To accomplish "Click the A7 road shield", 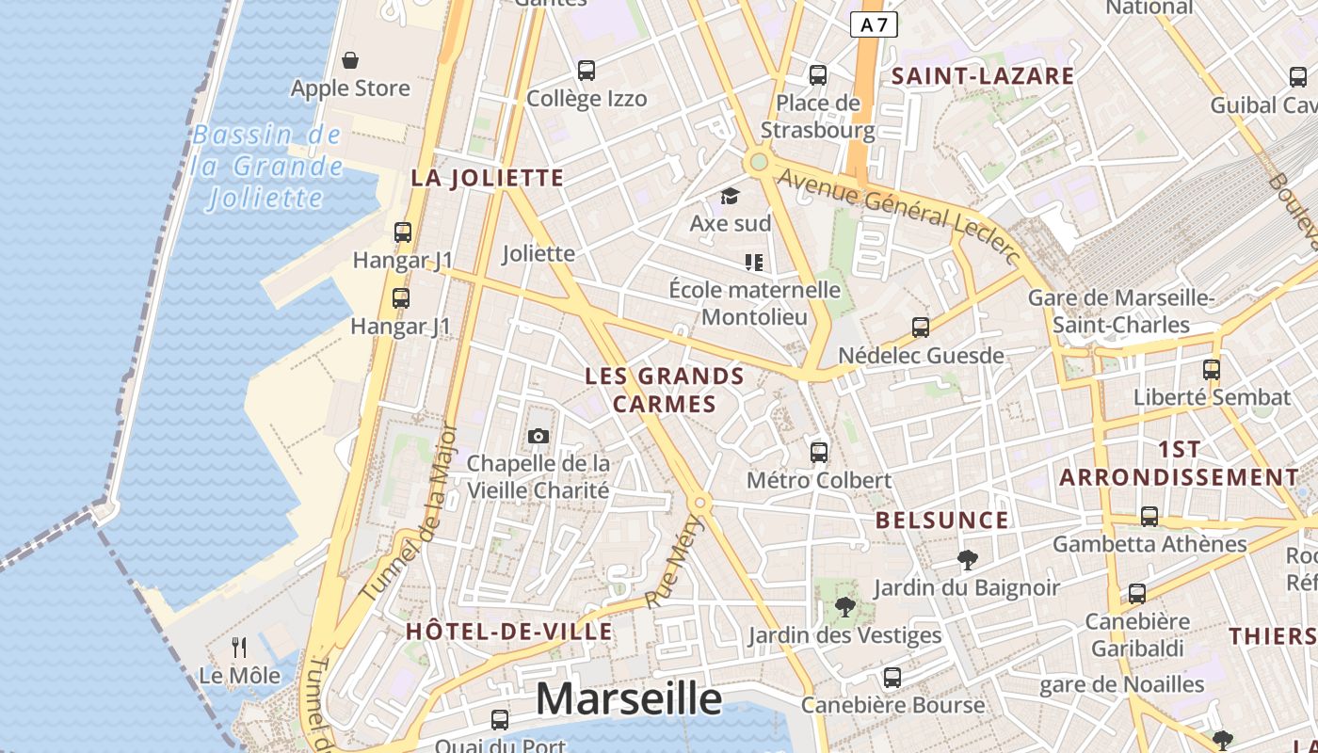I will coord(874,24).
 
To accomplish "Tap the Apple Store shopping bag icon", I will coord(350,61).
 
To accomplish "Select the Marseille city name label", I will coord(629,699).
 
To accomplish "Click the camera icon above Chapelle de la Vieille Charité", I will coord(538,436).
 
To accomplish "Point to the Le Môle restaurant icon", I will coord(239,648).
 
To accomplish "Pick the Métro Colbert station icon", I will coord(819,452).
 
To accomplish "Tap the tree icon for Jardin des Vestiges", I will coord(844,607).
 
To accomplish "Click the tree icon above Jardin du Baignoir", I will coord(966,560).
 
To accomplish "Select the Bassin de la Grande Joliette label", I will coord(266,167).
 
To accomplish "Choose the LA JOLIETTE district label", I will coord(488,178).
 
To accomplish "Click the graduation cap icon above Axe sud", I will coord(730,196).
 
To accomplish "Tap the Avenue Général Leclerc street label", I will coord(899,214).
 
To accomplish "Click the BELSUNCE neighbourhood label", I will coord(941,521).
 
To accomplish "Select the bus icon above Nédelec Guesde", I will coord(921,328).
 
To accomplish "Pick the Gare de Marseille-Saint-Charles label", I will coord(1121,312).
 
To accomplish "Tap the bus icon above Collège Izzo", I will coord(587,71).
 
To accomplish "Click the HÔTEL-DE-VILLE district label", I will coord(509,631).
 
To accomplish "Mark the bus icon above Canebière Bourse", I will coord(892,677).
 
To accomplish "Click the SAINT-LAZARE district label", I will coord(983,76).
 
